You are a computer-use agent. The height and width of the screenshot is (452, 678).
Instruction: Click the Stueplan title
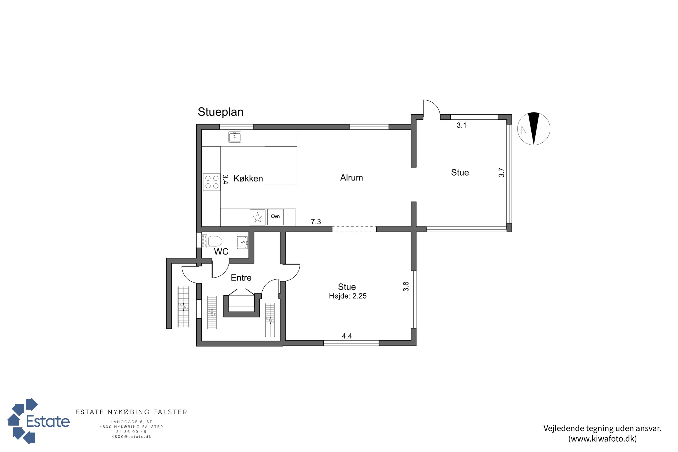221,112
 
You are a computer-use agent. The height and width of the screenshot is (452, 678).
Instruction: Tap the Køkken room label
248,179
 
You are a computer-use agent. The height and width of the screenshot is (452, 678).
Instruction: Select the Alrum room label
351,178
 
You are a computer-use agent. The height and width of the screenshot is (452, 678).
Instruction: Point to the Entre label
241,278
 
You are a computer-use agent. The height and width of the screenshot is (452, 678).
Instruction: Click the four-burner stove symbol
212,182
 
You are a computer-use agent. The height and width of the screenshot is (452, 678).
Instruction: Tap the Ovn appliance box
275,217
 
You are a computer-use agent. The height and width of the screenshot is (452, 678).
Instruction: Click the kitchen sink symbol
235,137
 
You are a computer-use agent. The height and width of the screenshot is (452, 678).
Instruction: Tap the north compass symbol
534,129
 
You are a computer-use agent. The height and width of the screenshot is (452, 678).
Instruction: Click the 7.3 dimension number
316,222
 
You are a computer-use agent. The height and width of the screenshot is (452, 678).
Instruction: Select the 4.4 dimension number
347,336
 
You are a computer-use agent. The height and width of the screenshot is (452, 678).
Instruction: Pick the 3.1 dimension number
461,125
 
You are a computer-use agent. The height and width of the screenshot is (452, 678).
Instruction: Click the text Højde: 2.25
348,296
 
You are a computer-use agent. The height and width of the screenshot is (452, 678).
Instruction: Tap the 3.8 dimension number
406,286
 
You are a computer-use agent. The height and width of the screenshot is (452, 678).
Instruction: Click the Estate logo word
48,421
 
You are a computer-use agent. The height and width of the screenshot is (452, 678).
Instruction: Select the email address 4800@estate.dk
132,437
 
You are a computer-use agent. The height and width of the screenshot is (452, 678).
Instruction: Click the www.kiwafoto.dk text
603,439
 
